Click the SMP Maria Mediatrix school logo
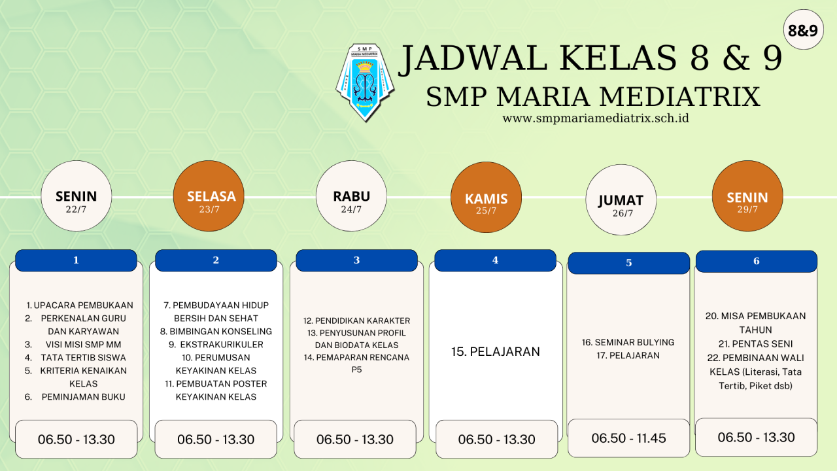(365, 82)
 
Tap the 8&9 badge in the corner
(802, 30)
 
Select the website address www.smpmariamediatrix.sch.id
(595, 118)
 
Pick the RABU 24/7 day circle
(351, 196)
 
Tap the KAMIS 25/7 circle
(486, 198)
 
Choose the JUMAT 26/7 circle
(620, 201)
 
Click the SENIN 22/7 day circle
(76, 196)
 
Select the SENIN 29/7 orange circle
(747, 196)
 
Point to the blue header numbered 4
(495, 260)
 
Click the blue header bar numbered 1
(76, 260)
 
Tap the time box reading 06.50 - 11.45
(628, 438)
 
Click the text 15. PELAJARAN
(496, 352)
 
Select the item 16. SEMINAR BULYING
(628, 342)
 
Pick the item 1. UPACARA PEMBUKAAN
(80, 305)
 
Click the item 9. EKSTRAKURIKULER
(216, 345)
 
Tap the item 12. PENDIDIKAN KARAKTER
(356, 321)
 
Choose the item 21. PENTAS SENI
(755, 344)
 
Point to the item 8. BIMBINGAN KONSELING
(216, 332)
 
